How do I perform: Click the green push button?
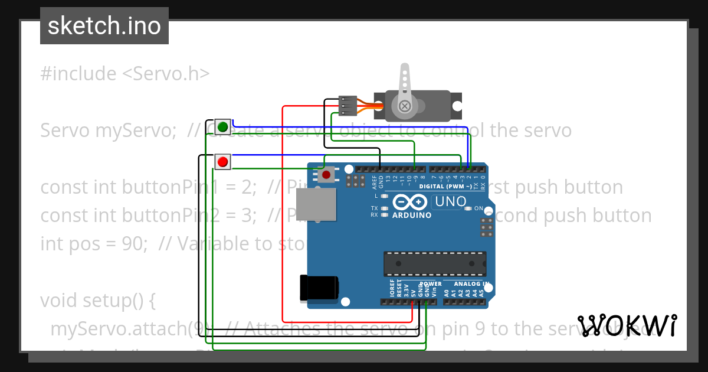coord(222,127)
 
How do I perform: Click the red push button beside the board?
coord(222,161)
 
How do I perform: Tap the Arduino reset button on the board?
coord(326,174)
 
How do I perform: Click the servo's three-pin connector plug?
coord(348,106)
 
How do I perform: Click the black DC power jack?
coord(319,288)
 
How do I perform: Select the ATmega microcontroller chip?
coord(435,263)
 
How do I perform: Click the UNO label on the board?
coord(450,202)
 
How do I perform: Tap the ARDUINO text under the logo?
coord(412,215)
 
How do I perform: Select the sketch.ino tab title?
coord(104,26)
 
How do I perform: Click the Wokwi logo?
coord(627,325)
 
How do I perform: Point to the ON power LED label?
coord(478,208)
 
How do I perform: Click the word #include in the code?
coord(78,74)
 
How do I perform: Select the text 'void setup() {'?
coord(98,301)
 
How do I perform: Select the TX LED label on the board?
coord(374,208)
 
